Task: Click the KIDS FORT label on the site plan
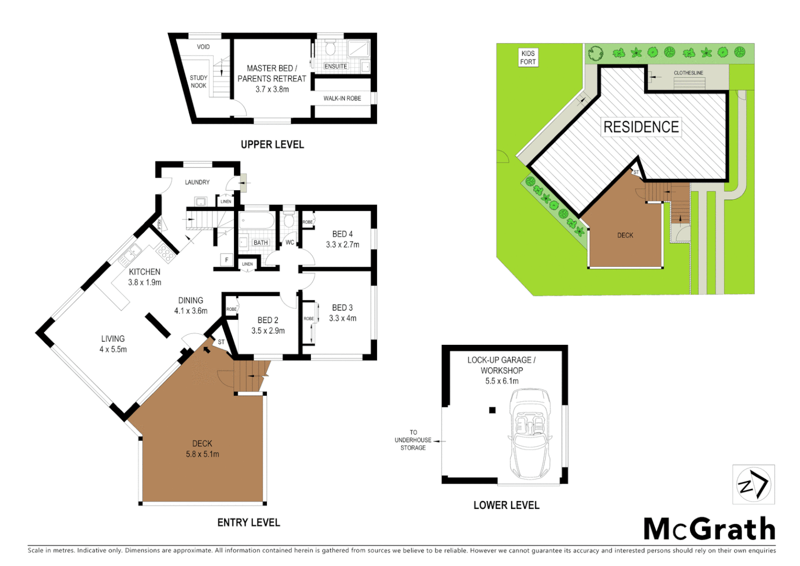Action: click(x=528, y=58)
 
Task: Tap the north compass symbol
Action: click(x=753, y=484)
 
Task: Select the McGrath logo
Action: click(x=709, y=529)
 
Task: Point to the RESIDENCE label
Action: click(x=641, y=127)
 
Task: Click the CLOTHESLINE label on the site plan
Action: click(x=688, y=73)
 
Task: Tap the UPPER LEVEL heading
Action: click(x=272, y=145)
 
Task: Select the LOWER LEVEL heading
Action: click(x=506, y=505)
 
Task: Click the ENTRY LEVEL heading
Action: click(x=249, y=523)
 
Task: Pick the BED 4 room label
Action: click(x=342, y=234)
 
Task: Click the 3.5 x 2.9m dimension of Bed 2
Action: click(x=268, y=331)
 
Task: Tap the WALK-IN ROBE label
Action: click(x=342, y=99)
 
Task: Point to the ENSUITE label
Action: click(x=336, y=67)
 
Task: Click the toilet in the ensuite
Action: click(x=330, y=49)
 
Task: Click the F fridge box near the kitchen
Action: click(x=227, y=260)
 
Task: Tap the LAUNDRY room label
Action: click(x=197, y=182)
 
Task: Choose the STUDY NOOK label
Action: click(x=198, y=82)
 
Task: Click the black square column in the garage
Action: click(x=492, y=410)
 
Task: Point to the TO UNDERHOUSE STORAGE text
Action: click(x=413, y=440)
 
